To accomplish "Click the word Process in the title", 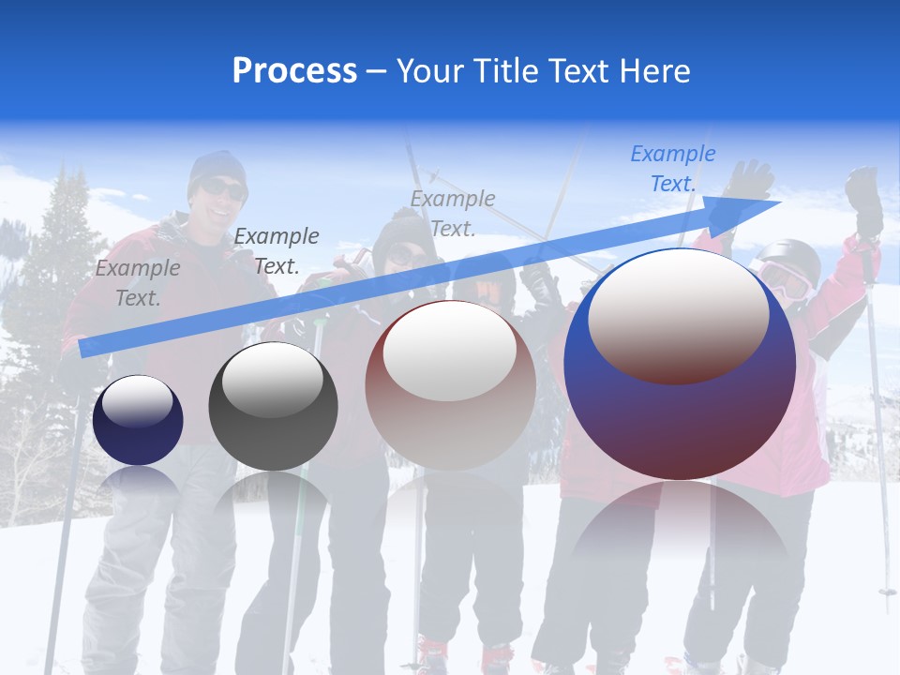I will (x=294, y=71).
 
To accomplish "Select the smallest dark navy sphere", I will (x=138, y=420).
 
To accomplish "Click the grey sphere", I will (x=273, y=406).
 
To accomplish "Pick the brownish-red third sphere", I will (x=450, y=384).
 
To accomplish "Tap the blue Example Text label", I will (x=672, y=169).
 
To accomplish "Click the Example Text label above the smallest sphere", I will (x=137, y=283).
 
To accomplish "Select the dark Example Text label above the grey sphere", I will (x=276, y=251).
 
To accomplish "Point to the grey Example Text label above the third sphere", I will (x=452, y=213).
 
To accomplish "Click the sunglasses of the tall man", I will (x=223, y=189).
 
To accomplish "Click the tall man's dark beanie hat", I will (x=217, y=167).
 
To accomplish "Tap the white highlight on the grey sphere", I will (x=273, y=380).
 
